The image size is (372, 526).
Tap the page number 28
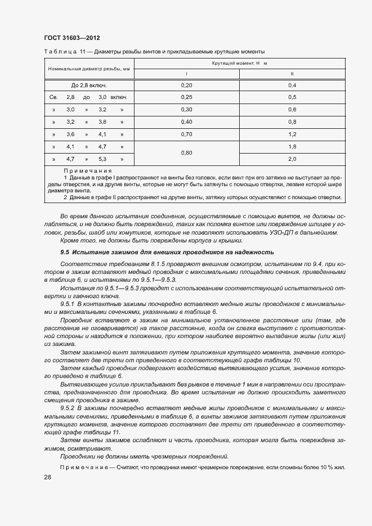[x=47, y=477]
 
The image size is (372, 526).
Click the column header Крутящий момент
[x=239, y=63]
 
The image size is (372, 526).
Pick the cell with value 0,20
[x=186, y=85]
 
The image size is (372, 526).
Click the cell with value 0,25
[x=186, y=97]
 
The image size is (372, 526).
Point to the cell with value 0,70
[x=186, y=134]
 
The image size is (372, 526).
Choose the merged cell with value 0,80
[x=186, y=153]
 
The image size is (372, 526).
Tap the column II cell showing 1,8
[x=292, y=147]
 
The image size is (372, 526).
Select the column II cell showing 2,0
[x=292, y=159]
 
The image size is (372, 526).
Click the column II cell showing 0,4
[x=292, y=85]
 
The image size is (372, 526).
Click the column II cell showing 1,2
[x=292, y=134]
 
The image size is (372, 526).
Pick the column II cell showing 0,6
[x=292, y=110]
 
